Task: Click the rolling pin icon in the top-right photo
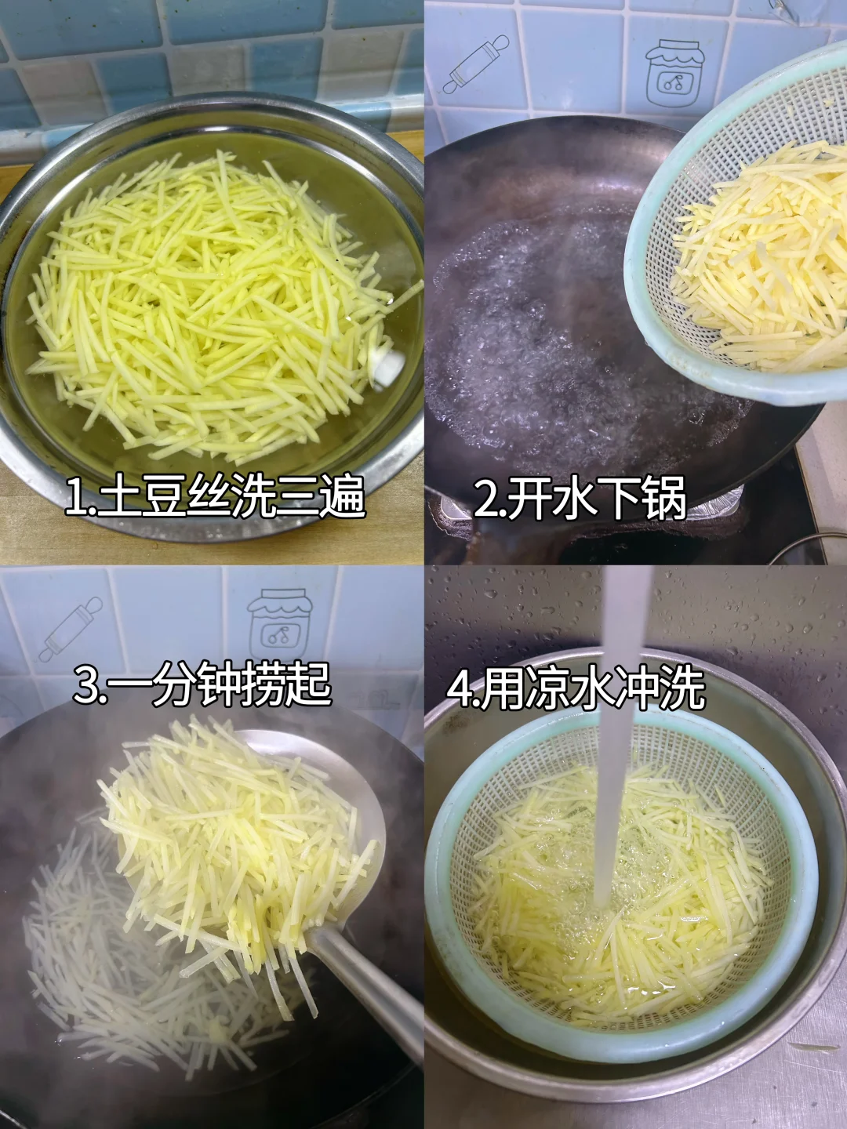pos(476,64)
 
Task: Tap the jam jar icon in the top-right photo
pos(674,73)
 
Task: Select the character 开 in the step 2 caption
pos(530,497)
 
